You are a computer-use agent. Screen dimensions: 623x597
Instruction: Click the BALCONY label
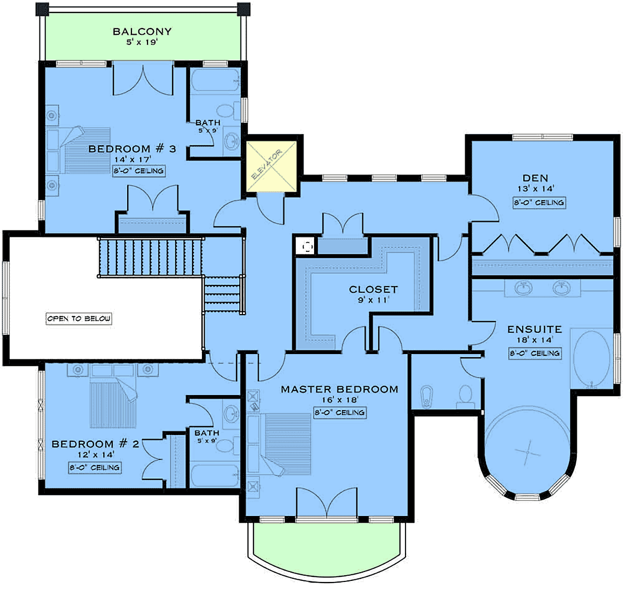(x=142, y=31)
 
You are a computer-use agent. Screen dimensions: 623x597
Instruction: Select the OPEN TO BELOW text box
(x=79, y=319)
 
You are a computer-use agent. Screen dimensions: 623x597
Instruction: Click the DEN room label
(x=535, y=178)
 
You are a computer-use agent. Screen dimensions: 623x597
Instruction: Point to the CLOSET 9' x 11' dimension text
(x=373, y=300)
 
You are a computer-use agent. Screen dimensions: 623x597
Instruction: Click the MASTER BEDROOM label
(x=340, y=389)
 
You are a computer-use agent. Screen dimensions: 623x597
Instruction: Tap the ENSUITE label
(x=535, y=330)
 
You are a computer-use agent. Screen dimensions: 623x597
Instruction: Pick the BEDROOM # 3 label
(x=132, y=149)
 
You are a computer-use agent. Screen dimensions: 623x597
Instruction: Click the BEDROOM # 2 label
(x=96, y=444)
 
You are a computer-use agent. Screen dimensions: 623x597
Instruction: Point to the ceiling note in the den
(x=539, y=202)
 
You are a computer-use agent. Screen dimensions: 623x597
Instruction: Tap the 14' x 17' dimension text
(x=133, y=159)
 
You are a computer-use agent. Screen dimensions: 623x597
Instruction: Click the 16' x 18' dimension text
(x=340, y=400)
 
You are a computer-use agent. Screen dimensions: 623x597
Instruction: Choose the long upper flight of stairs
(x=151, y=257)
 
